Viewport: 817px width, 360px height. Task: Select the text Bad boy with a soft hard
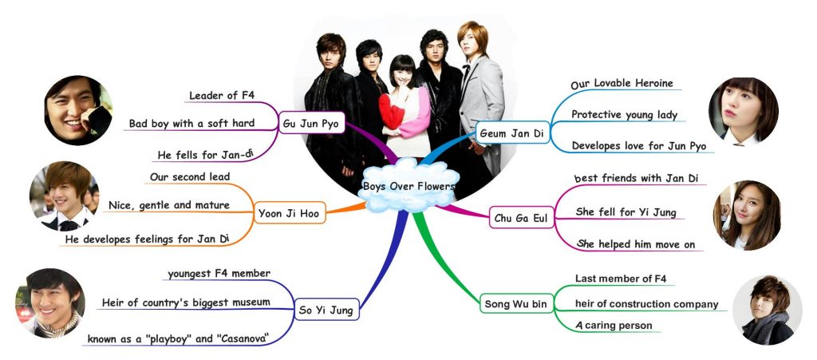click(x=191, y=123)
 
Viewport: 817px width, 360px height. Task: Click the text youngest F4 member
click(x=219, y=274)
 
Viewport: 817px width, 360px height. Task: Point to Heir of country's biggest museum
click(x=186, y=303)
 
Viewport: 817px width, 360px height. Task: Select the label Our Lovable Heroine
click(x=622, y=83)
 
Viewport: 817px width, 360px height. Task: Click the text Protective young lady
click(x=624, y=115)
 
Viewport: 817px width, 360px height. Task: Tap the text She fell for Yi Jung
click(x=632, y=212)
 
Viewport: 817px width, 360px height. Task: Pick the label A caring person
click(x=614, y=325)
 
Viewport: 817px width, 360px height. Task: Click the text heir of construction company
click(x=646, y=303)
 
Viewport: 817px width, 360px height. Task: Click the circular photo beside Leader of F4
click(x=77, y=110)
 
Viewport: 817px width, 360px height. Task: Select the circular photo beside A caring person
click(x=766, y=311)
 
